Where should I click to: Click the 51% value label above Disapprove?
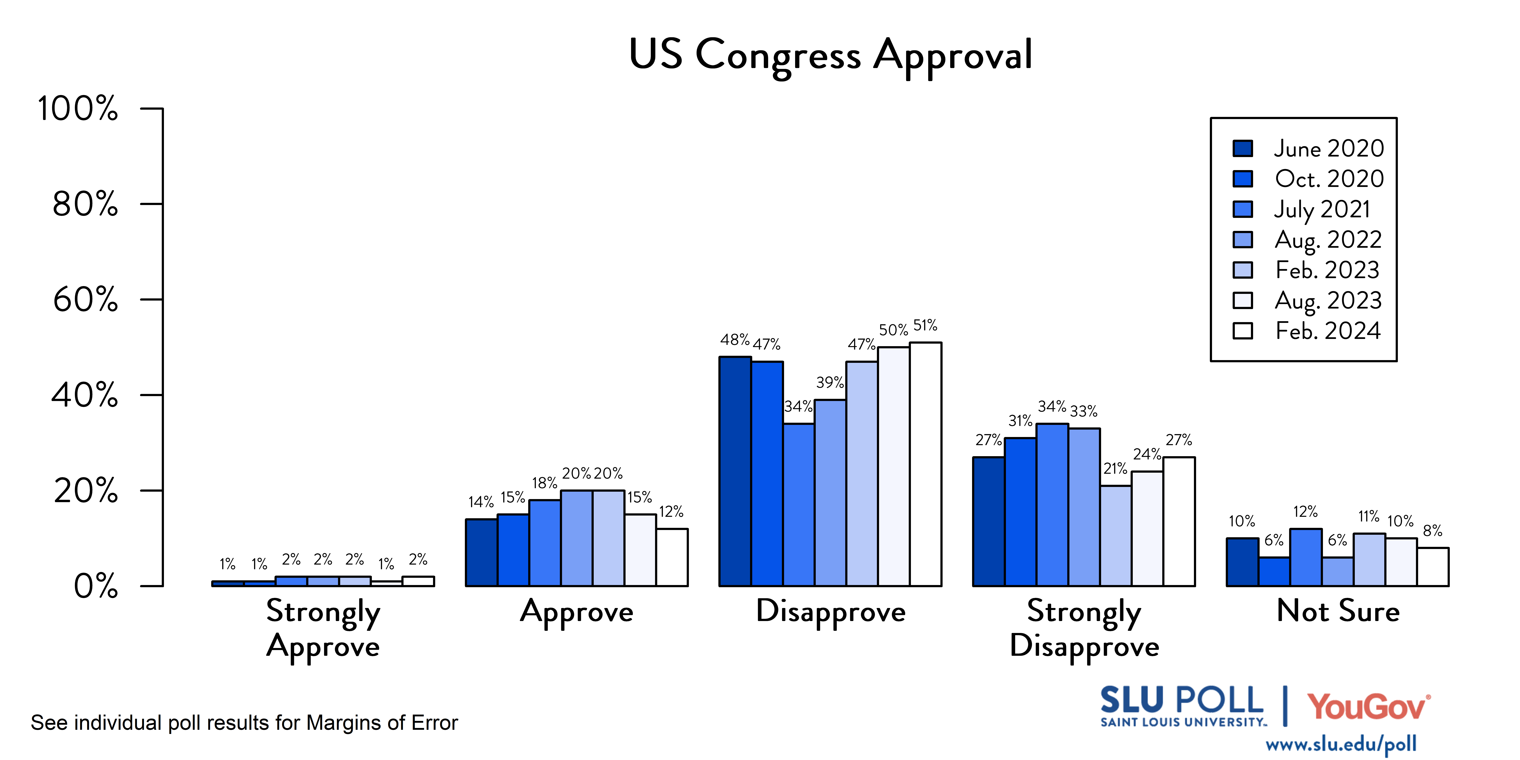(925, 325)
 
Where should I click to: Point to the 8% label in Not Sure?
(1433, 531)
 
